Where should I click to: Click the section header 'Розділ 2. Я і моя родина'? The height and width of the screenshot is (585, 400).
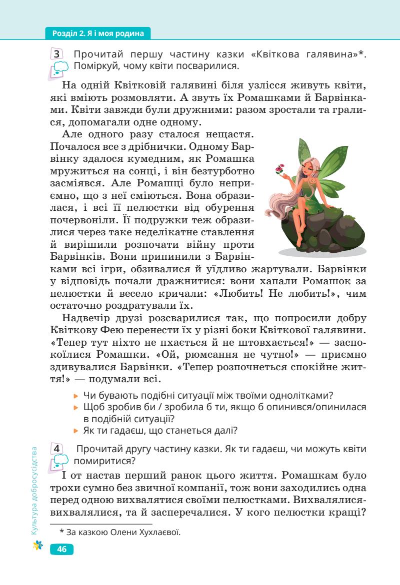point(97,34)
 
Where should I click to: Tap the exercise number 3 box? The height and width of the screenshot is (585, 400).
point(57,54)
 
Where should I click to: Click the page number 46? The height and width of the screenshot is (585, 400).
point(62,550)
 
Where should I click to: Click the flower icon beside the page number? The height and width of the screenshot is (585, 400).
point(36,549)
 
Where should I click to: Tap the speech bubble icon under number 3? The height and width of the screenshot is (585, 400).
point(58,69)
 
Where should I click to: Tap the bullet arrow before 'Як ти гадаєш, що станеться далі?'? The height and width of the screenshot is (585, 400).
point(76,429)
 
